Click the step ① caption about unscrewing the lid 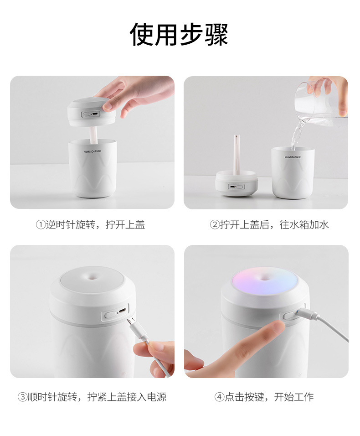pos(91,224)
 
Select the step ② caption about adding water pos(269,224)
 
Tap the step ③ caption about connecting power pos(92,397)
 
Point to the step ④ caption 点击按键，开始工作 pos(264,397)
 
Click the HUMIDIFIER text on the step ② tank pos(292,156)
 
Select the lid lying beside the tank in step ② pos(237,183)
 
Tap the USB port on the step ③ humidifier pos(123,311)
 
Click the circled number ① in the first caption pos(41,225)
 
